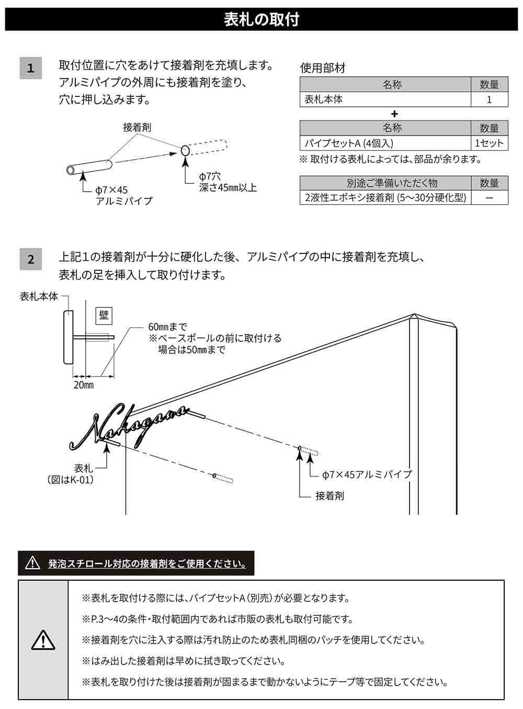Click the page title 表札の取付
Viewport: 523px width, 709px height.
pos(261,19)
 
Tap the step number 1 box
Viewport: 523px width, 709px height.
pos(30,68)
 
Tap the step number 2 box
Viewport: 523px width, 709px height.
pos(30,259)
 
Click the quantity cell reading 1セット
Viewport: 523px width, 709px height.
pos(489,143)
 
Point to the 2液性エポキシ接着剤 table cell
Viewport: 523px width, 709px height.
pos(385,197)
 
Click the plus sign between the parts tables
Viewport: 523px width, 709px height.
pos(394,114)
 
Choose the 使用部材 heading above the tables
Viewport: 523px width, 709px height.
pos(323,68)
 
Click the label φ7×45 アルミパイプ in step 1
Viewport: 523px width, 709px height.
pos(123,195)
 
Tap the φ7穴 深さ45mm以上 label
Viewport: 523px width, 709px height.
pos(228,182)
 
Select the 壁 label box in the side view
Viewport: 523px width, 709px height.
pos(103,315)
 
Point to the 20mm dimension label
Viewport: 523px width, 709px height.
pos(83,385)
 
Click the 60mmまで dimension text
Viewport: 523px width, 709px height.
pos(167,327)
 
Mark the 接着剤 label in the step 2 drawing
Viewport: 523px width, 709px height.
pos(329,495)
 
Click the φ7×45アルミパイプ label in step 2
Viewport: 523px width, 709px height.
pos(367,474)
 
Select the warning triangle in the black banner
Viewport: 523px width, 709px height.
pos(33,563)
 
